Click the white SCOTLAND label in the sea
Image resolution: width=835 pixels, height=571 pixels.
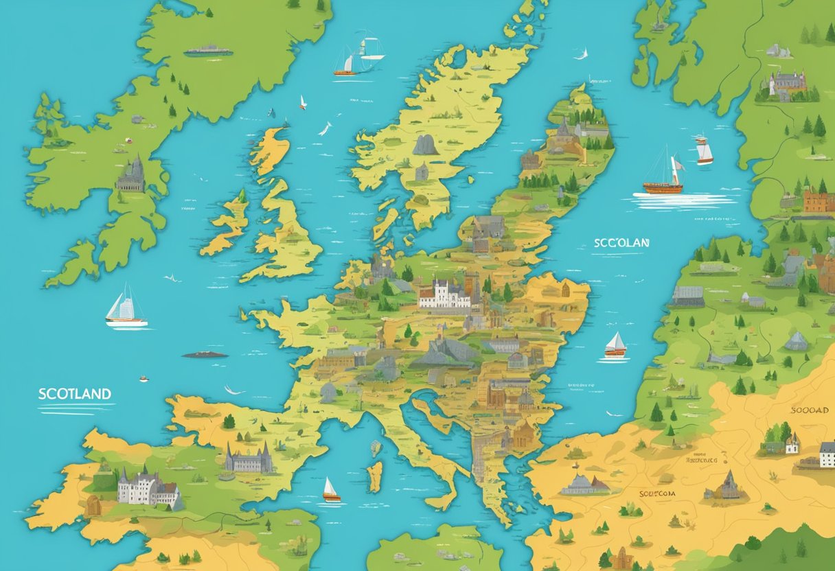pos(74,394)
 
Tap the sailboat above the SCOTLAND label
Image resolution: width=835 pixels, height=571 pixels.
pos(125,307)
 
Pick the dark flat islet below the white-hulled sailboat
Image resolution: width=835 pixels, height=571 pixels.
pos(205,354)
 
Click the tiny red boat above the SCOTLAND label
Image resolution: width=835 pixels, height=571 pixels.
pos(144,378)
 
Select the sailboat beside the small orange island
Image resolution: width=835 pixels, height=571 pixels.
pos(331,490)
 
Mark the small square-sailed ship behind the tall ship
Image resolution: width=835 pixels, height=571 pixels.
pos(704,151)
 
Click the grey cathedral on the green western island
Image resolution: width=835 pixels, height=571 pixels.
pos(131,176)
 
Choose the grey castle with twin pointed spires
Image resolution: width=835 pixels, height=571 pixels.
pos(248,458)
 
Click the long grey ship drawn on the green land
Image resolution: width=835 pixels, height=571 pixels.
pos(207,50)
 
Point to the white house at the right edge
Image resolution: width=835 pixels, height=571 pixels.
pos(827,454)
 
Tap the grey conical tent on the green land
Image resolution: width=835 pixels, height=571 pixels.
pos(797,341)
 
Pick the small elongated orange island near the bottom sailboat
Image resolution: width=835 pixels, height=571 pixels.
pos(374,476)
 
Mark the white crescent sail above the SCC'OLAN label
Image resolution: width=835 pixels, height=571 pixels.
pos(583,54)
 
